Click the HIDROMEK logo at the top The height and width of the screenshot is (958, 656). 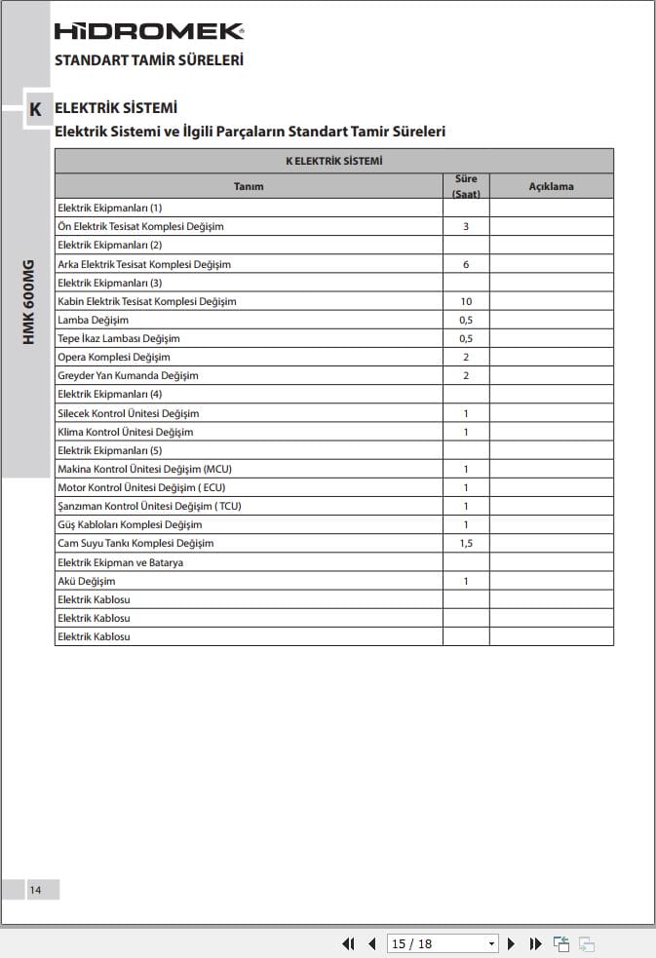coord(148,31)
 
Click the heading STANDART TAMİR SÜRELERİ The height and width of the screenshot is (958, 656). coord(148,60)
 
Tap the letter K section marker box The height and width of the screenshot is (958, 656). coord(35,110)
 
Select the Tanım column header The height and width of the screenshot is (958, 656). coord(249,186)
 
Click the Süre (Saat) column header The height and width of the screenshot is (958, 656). coord(466,186)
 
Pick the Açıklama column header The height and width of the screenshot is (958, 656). coord(551,186)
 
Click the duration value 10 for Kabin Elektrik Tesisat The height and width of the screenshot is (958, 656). coord(466,301)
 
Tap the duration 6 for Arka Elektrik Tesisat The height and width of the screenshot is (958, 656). coord(466,264)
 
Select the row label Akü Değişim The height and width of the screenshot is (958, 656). coord(86,581)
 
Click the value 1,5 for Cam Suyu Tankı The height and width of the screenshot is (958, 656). coord(466,543)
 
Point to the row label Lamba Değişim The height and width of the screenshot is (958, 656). coord(93,320)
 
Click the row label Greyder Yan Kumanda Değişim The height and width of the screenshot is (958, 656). coord(128,375)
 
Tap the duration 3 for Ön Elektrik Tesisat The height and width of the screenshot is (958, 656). coord(466,226)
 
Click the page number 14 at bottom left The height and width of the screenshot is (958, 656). coord(35,890)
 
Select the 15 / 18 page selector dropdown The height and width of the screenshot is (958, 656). coord(443,943)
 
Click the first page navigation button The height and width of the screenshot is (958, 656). coord(348,943)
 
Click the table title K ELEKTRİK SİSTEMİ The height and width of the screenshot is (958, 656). coord(333,161)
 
